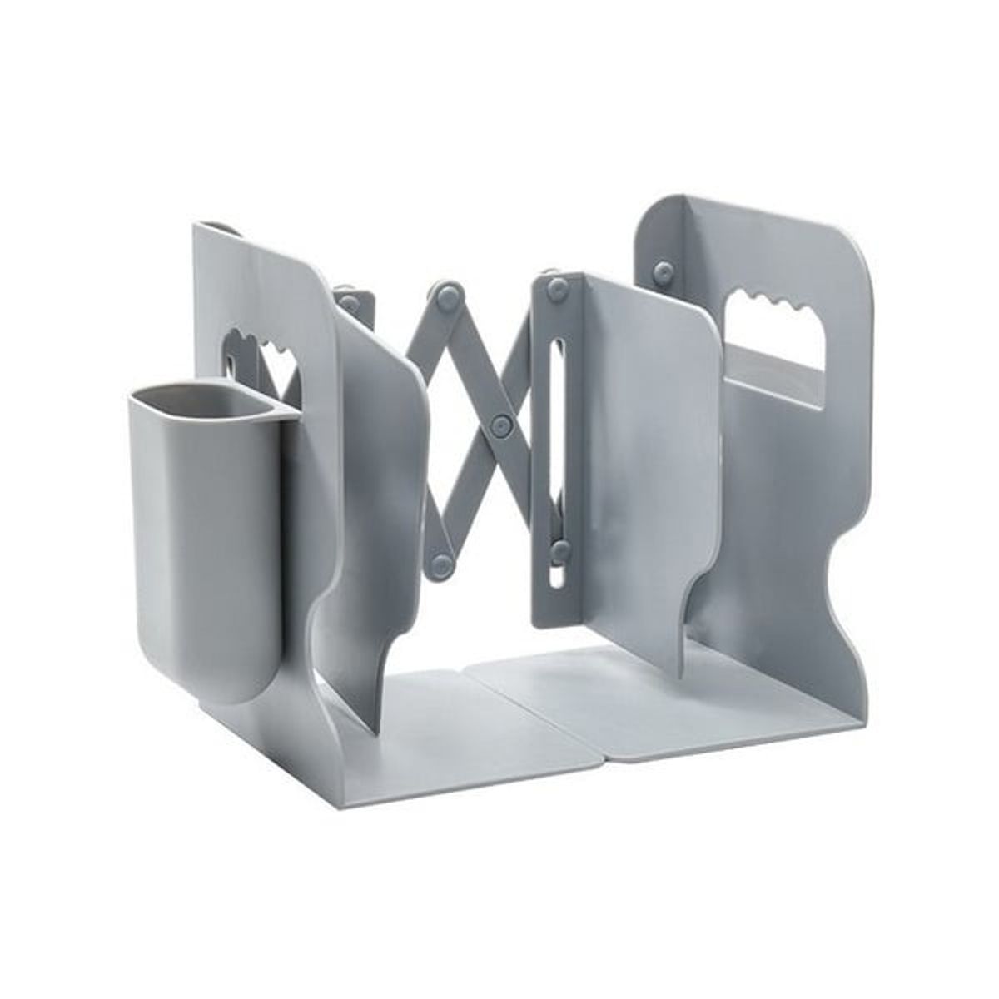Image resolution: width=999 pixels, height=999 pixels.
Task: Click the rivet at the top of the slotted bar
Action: coord(555,288)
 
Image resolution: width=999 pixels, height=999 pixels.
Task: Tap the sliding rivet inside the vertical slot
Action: coord(560,549)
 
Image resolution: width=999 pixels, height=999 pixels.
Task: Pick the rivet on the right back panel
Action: coord(664,270)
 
